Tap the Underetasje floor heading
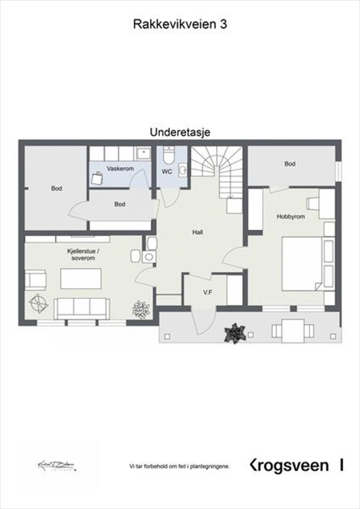click(x=180, y=132)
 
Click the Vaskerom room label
click(x=120, y=169)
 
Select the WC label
click(x=167, y=172)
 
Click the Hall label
click(x=197, y=232)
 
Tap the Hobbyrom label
click(x=291, y=217)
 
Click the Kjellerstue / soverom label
click(x=83, y=254)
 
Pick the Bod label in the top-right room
click(x=290, y=164)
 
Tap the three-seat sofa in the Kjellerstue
click(x=81, y=308)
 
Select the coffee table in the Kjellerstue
click(x=81, y=278)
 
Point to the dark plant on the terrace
click(x=236, y=333)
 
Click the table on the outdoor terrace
click(x=293, y=331)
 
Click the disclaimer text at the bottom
click(x=180, y=467)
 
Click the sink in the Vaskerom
click(x=143, y=154)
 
